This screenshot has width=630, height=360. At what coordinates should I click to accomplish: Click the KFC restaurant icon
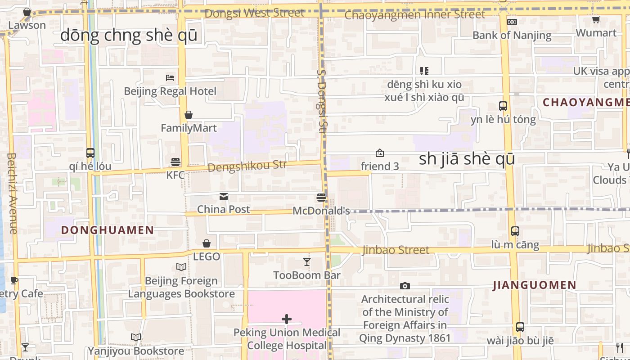pyautogui.click(x=175, y=162)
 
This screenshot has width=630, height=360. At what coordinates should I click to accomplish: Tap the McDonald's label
pyautogui.click(x=321, y=211)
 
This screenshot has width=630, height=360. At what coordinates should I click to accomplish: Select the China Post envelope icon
pyautogui.click(x=224, y=197)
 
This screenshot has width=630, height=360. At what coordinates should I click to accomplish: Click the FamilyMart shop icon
pyautogui.click(x=189, y=115)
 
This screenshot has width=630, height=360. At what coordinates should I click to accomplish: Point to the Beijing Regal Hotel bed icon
pyautogui.click(x=170, y=78)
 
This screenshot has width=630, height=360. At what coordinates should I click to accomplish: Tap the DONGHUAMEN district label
pyautogui.click(x=108, y=230)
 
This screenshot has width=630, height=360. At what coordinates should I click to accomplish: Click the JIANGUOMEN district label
pyautogui.click(x=535, y=285)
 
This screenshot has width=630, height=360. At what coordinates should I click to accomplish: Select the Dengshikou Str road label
pyautogui.click(x=247, y=166)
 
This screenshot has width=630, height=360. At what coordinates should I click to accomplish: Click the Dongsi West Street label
pyautogui.click(x=254, y=13)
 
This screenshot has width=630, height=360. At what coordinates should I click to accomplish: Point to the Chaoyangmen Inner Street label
pyautogui.click(x=414, y=15)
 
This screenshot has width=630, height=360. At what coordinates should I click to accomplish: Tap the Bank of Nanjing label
pyautogui.click(x=512, y=35)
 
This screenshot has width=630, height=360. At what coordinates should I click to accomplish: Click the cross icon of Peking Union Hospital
pyautogui.click(x=287, y=319)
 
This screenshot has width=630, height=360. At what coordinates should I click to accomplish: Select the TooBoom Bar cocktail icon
pyautogui.click(x=307, y=261)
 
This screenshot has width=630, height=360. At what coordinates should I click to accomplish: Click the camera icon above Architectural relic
pyautogui.click(x=405, y=286)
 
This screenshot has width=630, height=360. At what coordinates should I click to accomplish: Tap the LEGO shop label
pyautogui.click(x=207, y=256)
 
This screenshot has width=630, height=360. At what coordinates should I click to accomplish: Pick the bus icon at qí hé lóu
pyautogui.click(x=90, y=153)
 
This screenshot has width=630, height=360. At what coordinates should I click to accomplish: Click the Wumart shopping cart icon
pyautogui.click(x=596, y=19)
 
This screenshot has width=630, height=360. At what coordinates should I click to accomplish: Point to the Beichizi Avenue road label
pyautogui.click(x=12, y=193)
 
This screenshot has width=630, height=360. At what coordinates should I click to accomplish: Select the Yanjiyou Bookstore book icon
pyautogui.click(x=136, y=337)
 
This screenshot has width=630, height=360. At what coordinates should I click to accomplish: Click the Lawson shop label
pyautogui.click(x=27, y=25)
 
